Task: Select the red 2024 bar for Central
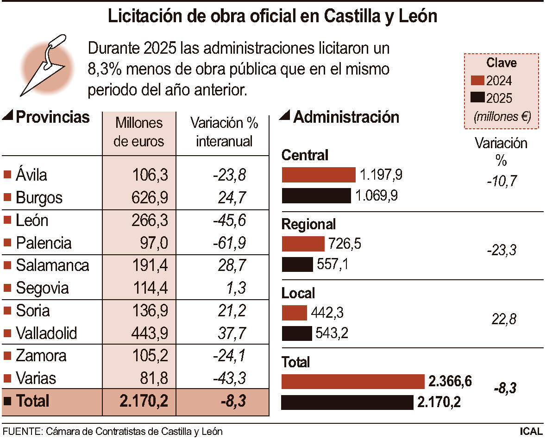pos(319,175)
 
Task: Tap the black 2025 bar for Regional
pos(297,264)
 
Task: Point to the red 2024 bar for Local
pos(294,313)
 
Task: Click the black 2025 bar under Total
pos(347,402)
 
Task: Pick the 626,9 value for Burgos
pos(149,198)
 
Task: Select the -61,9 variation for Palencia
pos(229,243)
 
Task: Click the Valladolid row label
pos(46,333)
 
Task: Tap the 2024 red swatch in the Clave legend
pos(477,81)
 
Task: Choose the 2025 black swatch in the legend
pos(477,98)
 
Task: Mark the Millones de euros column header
pos(139,132)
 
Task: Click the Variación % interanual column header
pos(224,132)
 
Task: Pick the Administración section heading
pos(346,117)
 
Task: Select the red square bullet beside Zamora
pos(7,356)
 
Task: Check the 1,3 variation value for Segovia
pos(234,288)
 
